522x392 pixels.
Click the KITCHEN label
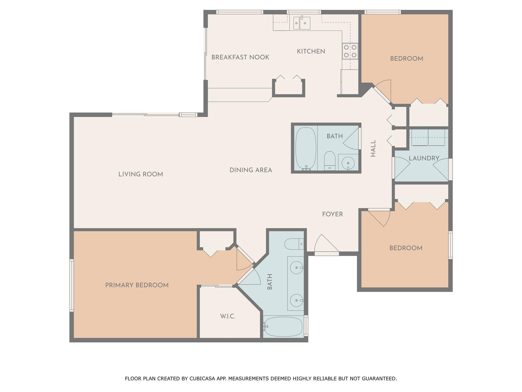pyautogui.click(x=311, y=52)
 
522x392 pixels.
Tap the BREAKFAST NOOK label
pyautogui.click(x=240, y=57)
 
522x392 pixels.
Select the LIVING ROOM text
pyautogui.click(x=141, y=174)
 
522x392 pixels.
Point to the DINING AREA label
pyautogui.click(x=251, y=170)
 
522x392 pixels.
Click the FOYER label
pyautogui.click(x=332, y=214)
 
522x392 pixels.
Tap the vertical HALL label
pyautogui.click(x=373, y=148)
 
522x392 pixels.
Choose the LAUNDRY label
pyautogui.click(x=424, y=158)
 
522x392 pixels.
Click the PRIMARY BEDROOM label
pyautogui.click(x=137, y=285)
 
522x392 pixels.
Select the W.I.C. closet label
pyautogui.click(x=228, y=316)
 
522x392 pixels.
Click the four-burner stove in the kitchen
pyautogui.click(x=350, y=51)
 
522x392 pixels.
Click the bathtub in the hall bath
pyautogui.click(x=306, y=149)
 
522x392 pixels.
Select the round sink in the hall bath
pyautogui.click(x=348, y=162)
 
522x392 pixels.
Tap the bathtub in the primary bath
pyautogui.click(x=283, y=327)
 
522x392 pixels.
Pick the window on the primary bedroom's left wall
pyautogui.click(x=72, y=285)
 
